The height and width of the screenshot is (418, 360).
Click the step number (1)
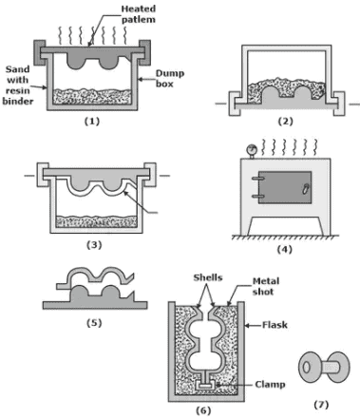[x=92, y=123]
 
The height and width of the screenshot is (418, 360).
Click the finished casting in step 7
[x=319, y=366]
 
